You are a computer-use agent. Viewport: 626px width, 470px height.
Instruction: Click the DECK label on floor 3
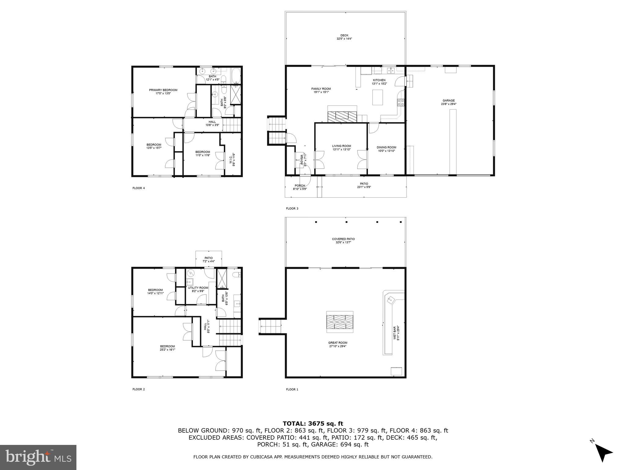click(344, 35)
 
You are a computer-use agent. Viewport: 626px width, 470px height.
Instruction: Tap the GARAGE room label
click(448, 100)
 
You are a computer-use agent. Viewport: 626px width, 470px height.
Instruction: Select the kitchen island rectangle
click(378, 97)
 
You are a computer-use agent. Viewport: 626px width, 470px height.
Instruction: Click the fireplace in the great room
click(340, 322)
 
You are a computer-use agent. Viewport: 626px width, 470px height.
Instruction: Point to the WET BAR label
click(395, 333)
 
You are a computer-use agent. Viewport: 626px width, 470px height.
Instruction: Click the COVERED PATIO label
click(343, 239)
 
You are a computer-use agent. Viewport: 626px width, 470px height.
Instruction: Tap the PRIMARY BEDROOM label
click(163, 90)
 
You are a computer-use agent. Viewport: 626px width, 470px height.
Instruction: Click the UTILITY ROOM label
click(198, 288)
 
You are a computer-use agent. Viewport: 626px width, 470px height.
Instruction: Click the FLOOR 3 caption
click(292, 209)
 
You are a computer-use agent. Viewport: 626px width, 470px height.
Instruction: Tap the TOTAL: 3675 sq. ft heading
click(313, 423)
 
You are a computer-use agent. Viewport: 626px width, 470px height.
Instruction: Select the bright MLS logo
click(38, 457)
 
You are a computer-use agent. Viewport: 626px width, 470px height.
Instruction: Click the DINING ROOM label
click(386, 147)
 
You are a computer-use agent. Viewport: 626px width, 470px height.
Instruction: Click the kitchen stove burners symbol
click(401, 102)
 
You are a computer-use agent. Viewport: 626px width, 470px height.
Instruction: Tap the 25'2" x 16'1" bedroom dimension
click(167, 349)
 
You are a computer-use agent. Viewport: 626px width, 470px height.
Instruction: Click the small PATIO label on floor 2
click(208, 258)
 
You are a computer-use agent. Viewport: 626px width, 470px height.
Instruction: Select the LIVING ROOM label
click(341, 146)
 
